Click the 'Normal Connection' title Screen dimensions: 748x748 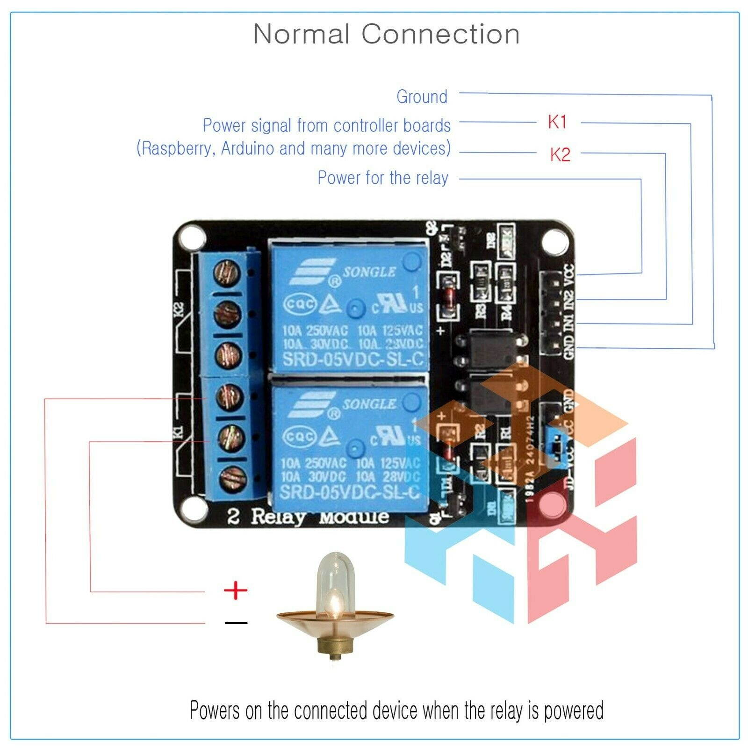[386, 34]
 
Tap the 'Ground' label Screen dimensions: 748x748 [422, 97]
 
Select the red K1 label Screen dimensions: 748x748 [557, 122]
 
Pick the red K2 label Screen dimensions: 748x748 [560, 154]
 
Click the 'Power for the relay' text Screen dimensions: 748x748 [383, 178]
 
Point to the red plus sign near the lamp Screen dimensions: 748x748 [236, 590]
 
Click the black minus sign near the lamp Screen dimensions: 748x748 [236, 623]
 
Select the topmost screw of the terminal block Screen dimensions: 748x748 [228, 272]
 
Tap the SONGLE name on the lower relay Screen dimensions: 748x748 [369, 404]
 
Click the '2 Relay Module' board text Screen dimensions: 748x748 [308, 517]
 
